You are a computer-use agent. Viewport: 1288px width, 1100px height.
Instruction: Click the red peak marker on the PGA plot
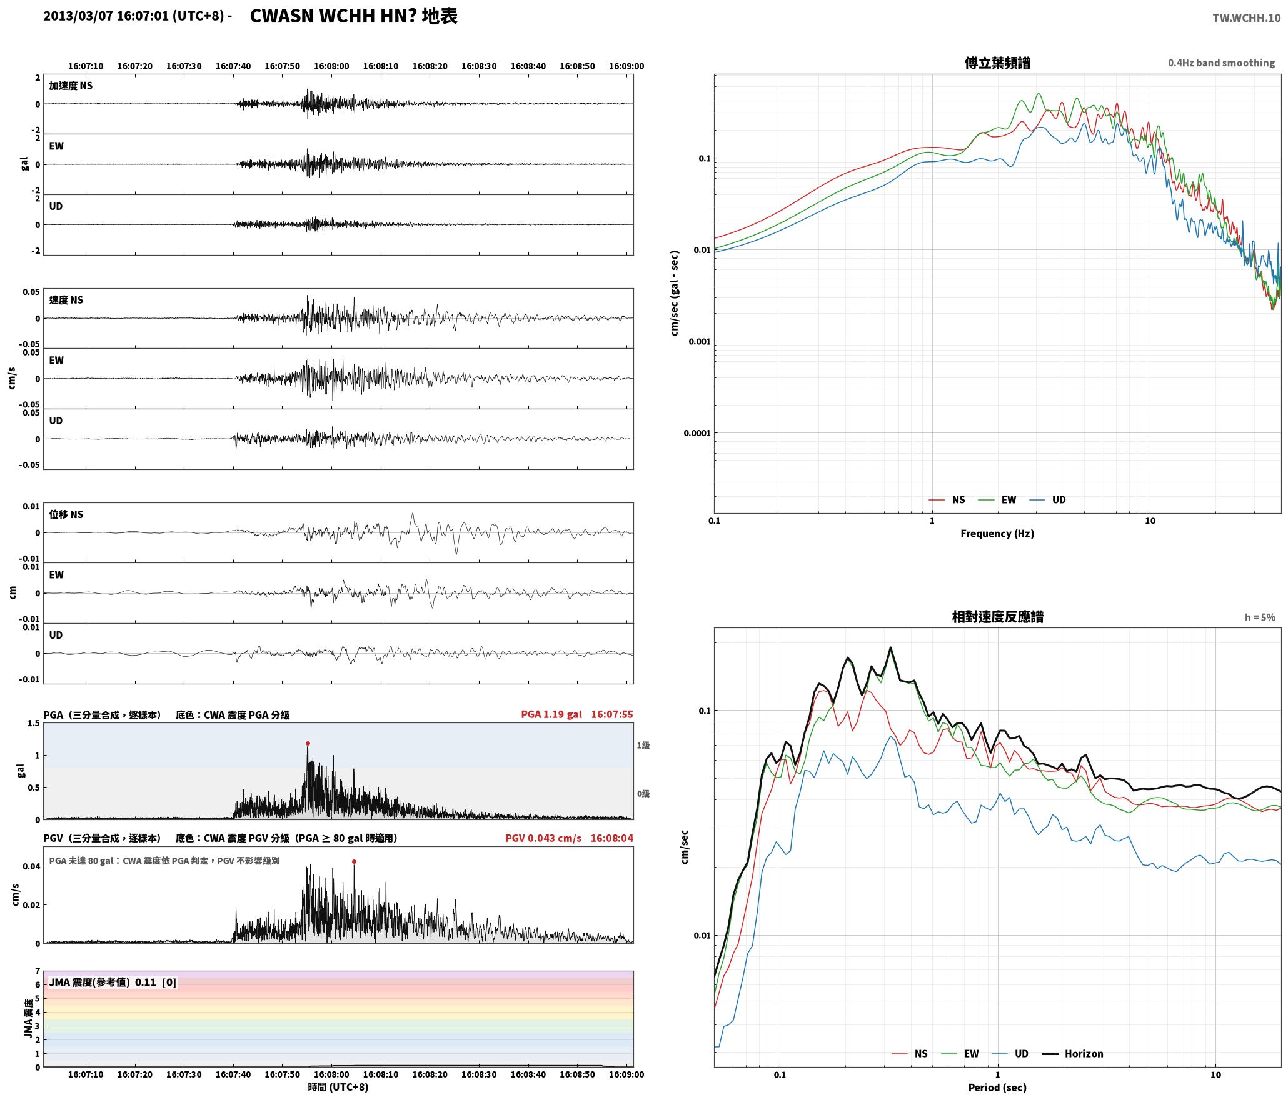pos(308,744)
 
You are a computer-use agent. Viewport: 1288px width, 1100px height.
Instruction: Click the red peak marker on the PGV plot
pos(354,861)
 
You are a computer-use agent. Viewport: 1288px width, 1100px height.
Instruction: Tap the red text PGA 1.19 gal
pos(551,714)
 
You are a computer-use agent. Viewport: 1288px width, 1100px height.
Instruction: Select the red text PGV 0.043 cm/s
pos(543,838)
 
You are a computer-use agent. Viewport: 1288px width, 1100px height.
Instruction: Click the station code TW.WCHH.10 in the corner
pos(1246,18)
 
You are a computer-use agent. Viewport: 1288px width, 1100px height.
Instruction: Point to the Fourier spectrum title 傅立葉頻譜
pos(997,63)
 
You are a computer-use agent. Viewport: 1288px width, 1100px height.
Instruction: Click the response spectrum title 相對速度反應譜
pos(997,617)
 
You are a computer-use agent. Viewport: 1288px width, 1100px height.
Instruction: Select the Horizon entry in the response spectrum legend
pos(1073,1054)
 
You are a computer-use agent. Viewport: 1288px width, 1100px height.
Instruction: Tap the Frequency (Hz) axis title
pos(997,534)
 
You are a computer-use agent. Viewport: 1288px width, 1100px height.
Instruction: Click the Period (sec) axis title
pos(997,1087)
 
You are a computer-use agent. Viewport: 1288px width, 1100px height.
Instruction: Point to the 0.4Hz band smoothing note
pos(1221,63)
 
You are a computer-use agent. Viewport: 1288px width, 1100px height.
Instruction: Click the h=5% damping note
pos(1260,617)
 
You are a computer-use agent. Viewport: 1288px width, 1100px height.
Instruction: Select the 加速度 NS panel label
pos(71,86)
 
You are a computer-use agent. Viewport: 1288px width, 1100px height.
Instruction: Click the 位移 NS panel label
pos(66,514)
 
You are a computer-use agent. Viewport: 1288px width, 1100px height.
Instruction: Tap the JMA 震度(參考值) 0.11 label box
pos(113,982)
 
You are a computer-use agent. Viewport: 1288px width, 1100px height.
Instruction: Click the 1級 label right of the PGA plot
pos(643,745)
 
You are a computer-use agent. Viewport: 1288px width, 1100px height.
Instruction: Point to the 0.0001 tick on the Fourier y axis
pos(697,433)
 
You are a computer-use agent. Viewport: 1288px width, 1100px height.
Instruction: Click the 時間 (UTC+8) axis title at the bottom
pos(338,1087)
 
